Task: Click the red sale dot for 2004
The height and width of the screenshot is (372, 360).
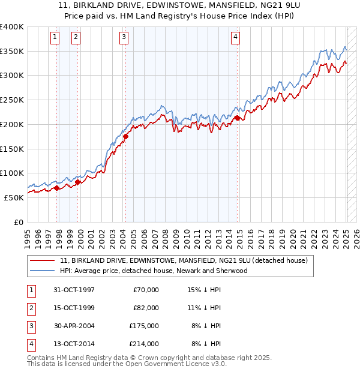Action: coord(125,137)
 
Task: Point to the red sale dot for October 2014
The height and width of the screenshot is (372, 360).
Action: coord(237,118)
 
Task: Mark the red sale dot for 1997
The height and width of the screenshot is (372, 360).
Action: coord(57,188)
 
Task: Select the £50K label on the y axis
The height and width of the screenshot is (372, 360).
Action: coord(14,197)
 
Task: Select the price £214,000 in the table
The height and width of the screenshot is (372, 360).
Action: coord(144,344)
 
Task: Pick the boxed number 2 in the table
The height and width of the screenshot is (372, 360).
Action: coord(31,308)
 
